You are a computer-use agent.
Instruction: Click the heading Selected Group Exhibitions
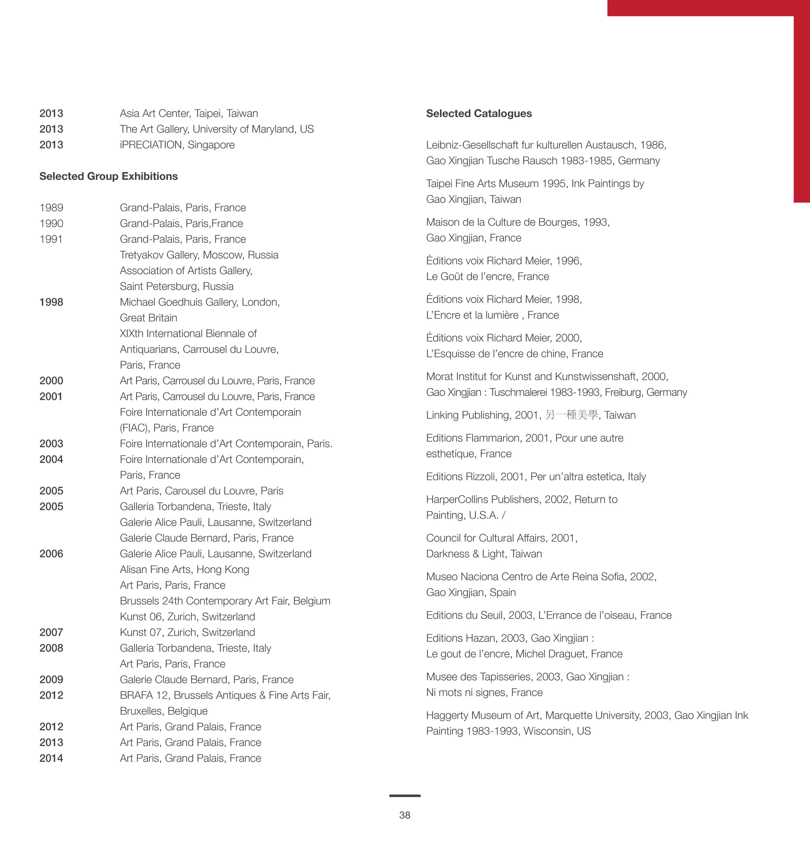[x=108, y=176]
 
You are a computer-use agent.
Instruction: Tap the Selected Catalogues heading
[x=479, y=113]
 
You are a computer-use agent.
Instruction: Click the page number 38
[x=405, y=815]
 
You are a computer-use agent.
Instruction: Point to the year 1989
[x=51, y=208]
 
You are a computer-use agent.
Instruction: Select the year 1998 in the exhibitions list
[x=51, y=302]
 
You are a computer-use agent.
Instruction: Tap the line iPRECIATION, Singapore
[x=177, y=145]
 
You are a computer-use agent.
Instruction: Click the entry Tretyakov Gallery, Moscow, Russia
[x=199, y=255]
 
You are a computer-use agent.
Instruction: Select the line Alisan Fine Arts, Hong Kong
[x=184, y=569]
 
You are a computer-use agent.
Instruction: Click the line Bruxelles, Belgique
[x=164, y=711]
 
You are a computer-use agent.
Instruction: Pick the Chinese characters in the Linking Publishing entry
[x=571, y=415]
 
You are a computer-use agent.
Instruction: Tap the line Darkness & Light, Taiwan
[x=484, y=554]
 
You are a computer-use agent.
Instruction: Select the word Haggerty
[x=447, y=715]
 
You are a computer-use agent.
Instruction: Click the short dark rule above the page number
[x=405, y=796]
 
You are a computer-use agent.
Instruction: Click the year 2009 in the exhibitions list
[x=51, y=679]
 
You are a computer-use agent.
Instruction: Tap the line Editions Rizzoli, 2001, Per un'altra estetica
[x=536, y=477]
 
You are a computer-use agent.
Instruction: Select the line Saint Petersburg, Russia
[x=177, y=287]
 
